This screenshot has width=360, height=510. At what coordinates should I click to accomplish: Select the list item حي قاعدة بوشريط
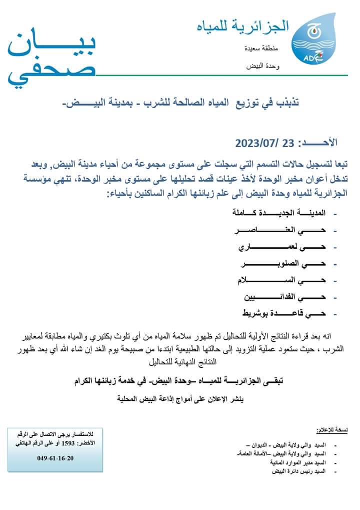[283, 313]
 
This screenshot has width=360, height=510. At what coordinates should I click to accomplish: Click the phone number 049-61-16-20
[54, 458]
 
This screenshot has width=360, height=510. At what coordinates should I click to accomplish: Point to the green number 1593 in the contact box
[68, 443]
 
